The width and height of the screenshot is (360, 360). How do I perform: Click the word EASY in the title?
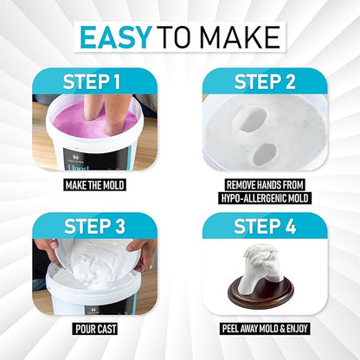[116, 37]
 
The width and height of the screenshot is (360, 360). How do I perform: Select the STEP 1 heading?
[92, 82]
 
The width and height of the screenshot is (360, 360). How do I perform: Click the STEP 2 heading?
[265, 82]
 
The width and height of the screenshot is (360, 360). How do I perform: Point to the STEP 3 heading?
[94, 227]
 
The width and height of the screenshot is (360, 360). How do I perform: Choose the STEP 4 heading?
[265, 227]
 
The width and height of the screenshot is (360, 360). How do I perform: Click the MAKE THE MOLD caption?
[94, 185]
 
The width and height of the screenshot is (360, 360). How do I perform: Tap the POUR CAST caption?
[95, 329]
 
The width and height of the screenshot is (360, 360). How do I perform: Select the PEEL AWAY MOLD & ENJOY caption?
[265, 329]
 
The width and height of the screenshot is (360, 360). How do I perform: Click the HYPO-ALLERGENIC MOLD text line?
[265, 198]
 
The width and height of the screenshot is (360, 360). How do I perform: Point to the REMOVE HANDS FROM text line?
[265, 185]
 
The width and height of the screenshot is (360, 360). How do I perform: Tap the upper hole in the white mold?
[250, 120]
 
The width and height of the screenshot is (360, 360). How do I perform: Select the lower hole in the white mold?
[265, 154]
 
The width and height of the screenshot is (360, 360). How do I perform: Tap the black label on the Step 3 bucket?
[110, 306]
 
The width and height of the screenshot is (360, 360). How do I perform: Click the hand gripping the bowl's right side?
[142, 254]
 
